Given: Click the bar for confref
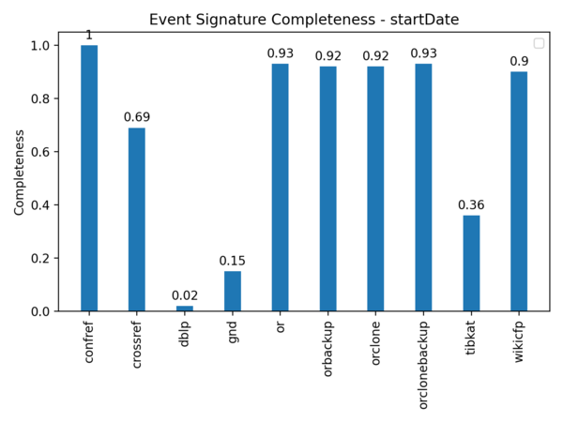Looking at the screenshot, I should point(89,178).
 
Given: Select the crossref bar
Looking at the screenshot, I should point(137,219).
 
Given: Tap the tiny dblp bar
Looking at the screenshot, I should point(185,308).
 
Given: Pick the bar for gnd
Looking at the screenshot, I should point(233,291).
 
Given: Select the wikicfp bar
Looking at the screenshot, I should point(519,191).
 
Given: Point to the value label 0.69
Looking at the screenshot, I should point(137,117).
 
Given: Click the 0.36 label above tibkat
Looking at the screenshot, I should point(471,204).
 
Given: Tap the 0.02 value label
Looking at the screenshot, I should point(185,295).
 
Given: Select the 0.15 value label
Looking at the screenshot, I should point(233,261).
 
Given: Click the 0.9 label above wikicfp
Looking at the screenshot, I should point(519,61).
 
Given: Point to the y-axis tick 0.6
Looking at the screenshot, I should point(41,152).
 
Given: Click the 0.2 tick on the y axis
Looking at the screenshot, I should point(41,258).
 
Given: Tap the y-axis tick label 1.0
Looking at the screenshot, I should point(41,45).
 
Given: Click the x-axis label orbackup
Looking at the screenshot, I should point(327,349).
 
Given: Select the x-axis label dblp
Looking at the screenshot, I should point(185,333).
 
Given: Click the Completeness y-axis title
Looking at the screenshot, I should point(19,173).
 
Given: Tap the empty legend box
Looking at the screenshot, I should point(539,42).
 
